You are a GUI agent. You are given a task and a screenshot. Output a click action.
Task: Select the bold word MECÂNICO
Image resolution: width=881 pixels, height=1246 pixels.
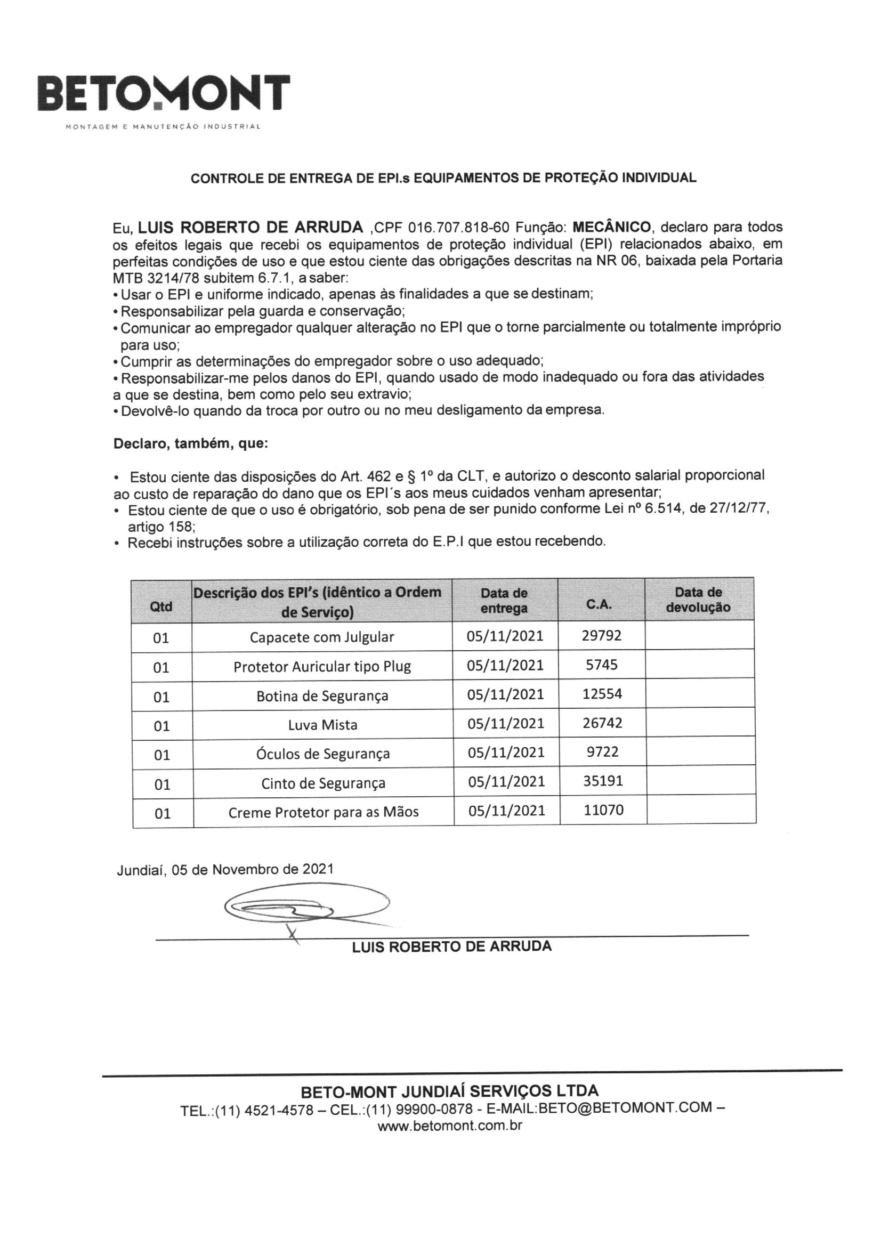[x=611, y=226]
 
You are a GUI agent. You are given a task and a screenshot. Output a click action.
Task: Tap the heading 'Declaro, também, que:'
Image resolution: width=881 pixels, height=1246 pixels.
[x=190, y=443]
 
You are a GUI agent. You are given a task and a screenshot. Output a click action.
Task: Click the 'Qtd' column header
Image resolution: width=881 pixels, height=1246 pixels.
[x=160, y=606]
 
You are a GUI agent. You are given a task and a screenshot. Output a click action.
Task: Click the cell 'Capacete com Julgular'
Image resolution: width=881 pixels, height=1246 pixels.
[x=322, y=636]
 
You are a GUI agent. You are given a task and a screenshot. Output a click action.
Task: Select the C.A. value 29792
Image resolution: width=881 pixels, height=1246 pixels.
[x=601, y=635]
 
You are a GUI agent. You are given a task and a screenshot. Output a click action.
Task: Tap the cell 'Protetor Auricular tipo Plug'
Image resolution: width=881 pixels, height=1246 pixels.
[x=322, y=666]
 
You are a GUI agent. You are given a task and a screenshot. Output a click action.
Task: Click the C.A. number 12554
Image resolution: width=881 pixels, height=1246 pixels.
[x=602, y=693]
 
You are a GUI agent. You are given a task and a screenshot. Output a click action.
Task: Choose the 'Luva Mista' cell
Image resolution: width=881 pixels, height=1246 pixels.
[x=322, y=724]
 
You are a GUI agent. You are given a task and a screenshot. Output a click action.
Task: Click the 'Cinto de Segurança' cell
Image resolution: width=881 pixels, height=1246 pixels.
[x=323, y=783]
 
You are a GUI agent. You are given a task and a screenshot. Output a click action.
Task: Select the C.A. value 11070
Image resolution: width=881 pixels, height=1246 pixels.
[x=604, y=810]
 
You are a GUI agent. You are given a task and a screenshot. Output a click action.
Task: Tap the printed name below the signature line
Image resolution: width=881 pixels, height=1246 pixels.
[x=451, y=947]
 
